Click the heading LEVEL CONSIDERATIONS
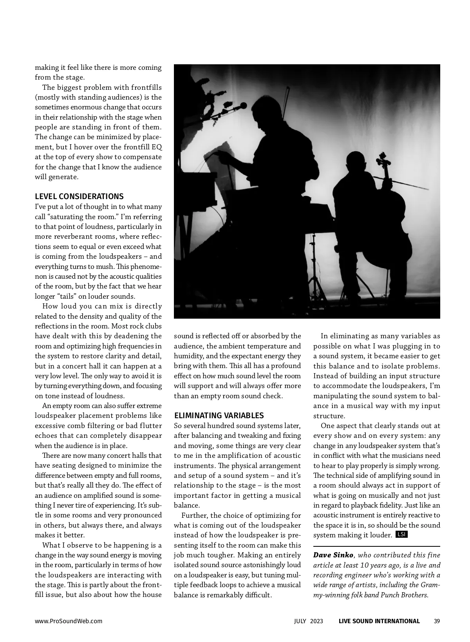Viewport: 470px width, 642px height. (x=79, y=196)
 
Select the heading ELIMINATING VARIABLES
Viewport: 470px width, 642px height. (x=219, y=415)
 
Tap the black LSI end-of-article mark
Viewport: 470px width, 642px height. (x=402, y=535)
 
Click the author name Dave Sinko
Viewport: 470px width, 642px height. (x=333, y=555)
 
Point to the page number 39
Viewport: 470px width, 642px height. (x=437, y=621)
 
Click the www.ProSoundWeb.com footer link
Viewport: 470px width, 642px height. (x=69, y=621)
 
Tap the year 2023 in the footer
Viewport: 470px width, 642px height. (x=317, y=621)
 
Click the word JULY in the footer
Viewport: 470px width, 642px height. (x=301, y=621)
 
